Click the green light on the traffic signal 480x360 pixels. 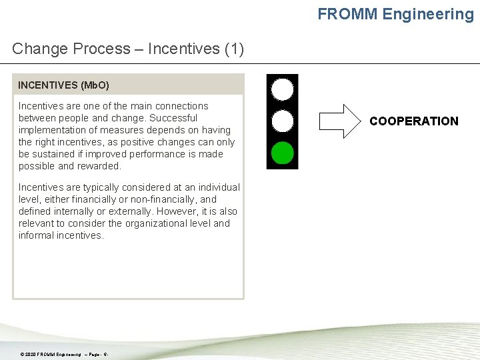coord(283,153)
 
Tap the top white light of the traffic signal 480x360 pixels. coord(283,89)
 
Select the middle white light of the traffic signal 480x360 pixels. coord(283,121)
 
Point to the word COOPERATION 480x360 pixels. coord(414,121)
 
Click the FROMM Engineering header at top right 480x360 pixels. coord(395,14)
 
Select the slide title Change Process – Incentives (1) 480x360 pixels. coord(128,49)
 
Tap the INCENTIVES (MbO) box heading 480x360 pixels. coord(63,85)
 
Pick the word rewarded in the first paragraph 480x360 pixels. coord(99,166)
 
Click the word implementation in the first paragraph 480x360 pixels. coord(50,130)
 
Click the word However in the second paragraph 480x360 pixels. coord(158,211)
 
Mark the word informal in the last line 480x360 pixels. coord(36,235)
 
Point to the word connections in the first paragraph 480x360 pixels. coord(183,106)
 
